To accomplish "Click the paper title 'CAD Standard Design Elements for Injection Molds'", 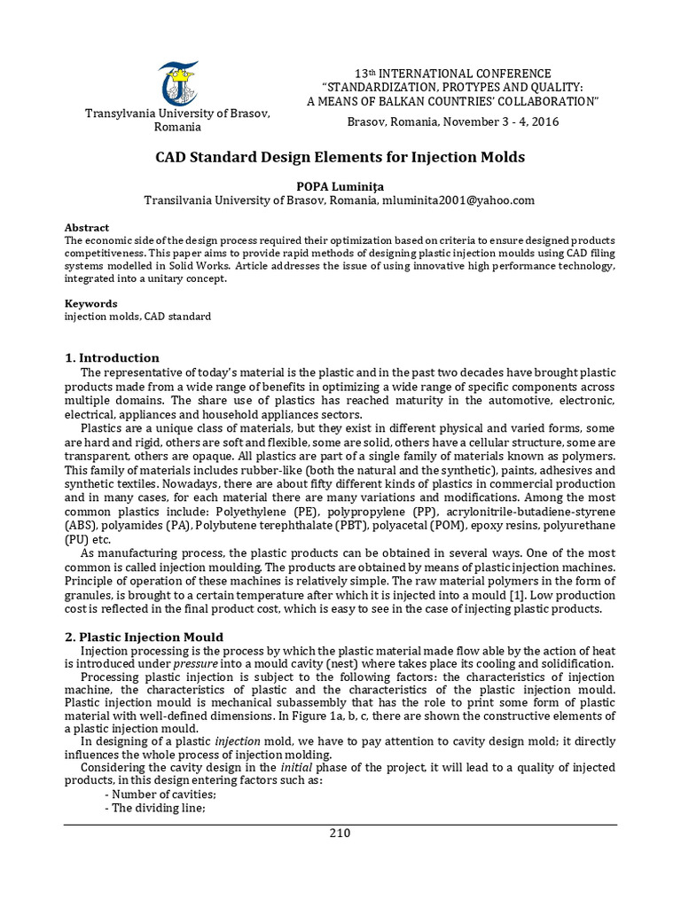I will (x=340, y=157).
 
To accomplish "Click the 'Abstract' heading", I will (x=87, y=228).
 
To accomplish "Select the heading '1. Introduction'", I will (x=112, y=358).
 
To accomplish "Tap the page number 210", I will (x=340, y=833).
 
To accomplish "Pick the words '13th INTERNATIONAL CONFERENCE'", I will (x=452, y=73).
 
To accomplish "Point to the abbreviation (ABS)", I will (x=80, y=526).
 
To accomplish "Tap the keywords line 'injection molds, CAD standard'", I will (x=137, y=317).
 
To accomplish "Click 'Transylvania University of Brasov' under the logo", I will (x=176, y=114).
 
